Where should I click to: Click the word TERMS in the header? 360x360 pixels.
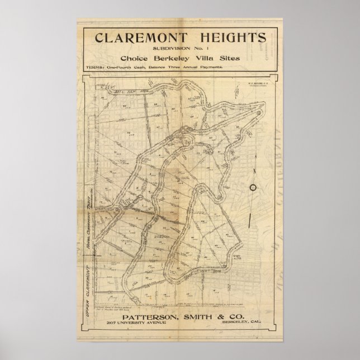[96, 67]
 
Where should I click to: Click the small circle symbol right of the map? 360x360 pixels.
[252, 187]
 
